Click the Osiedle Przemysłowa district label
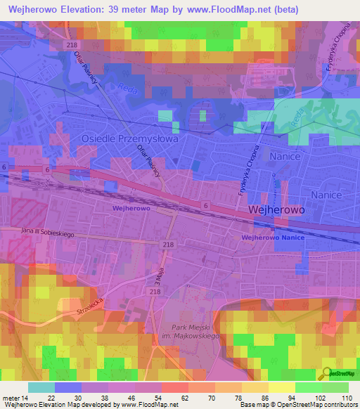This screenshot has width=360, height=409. coord(129,139)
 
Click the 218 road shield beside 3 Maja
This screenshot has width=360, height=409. coord(155,290)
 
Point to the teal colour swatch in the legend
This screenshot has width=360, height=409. coord(41,387)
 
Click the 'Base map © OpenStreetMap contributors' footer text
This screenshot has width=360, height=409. coord(299,405)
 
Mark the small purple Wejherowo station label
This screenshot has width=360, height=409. coord(131,209)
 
